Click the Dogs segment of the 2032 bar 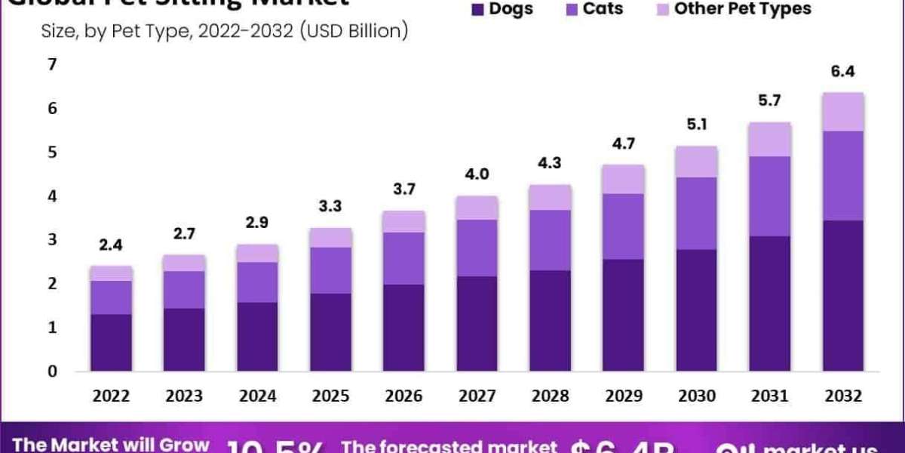coord(843,295)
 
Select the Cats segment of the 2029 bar coord(623,226)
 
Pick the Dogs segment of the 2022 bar coord(111,342)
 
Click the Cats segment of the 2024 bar coord(257,282)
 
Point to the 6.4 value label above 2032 coord(843,72)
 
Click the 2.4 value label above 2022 coord(111,245)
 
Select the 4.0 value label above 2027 coord(477,174)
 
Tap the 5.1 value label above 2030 coord(696,125)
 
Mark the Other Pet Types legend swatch coord(663,10)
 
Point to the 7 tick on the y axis coord(52,65)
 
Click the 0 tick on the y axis coord(52,371)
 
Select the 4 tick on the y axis coord(52,196)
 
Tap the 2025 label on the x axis coord(330,396)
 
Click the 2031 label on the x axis coord(770,396)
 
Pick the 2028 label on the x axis coord(550,396)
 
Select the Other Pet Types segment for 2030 coord(696,162)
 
